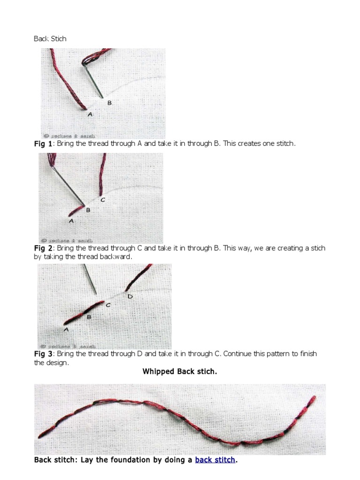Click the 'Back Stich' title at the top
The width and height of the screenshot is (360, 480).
coord(50,39)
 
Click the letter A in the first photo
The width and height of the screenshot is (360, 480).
coord(90,114)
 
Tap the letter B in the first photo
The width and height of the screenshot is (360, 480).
coord(110,103)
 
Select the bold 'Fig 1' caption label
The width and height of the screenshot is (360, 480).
coord(43,144)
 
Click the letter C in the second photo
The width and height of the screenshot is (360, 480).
coord(103,200)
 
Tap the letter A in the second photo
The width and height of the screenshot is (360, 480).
coord(71,220)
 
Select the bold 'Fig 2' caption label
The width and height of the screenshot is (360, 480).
coord(43,248)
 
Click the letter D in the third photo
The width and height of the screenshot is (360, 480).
coord(130,296)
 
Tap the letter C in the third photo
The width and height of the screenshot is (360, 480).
coord(108,305)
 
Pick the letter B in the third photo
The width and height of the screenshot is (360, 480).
coord(89,317)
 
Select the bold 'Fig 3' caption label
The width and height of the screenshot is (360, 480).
coord(43,354)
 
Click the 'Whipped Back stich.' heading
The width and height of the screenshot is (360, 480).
coord(180,372)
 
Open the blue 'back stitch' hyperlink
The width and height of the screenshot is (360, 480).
coord(215,460)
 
